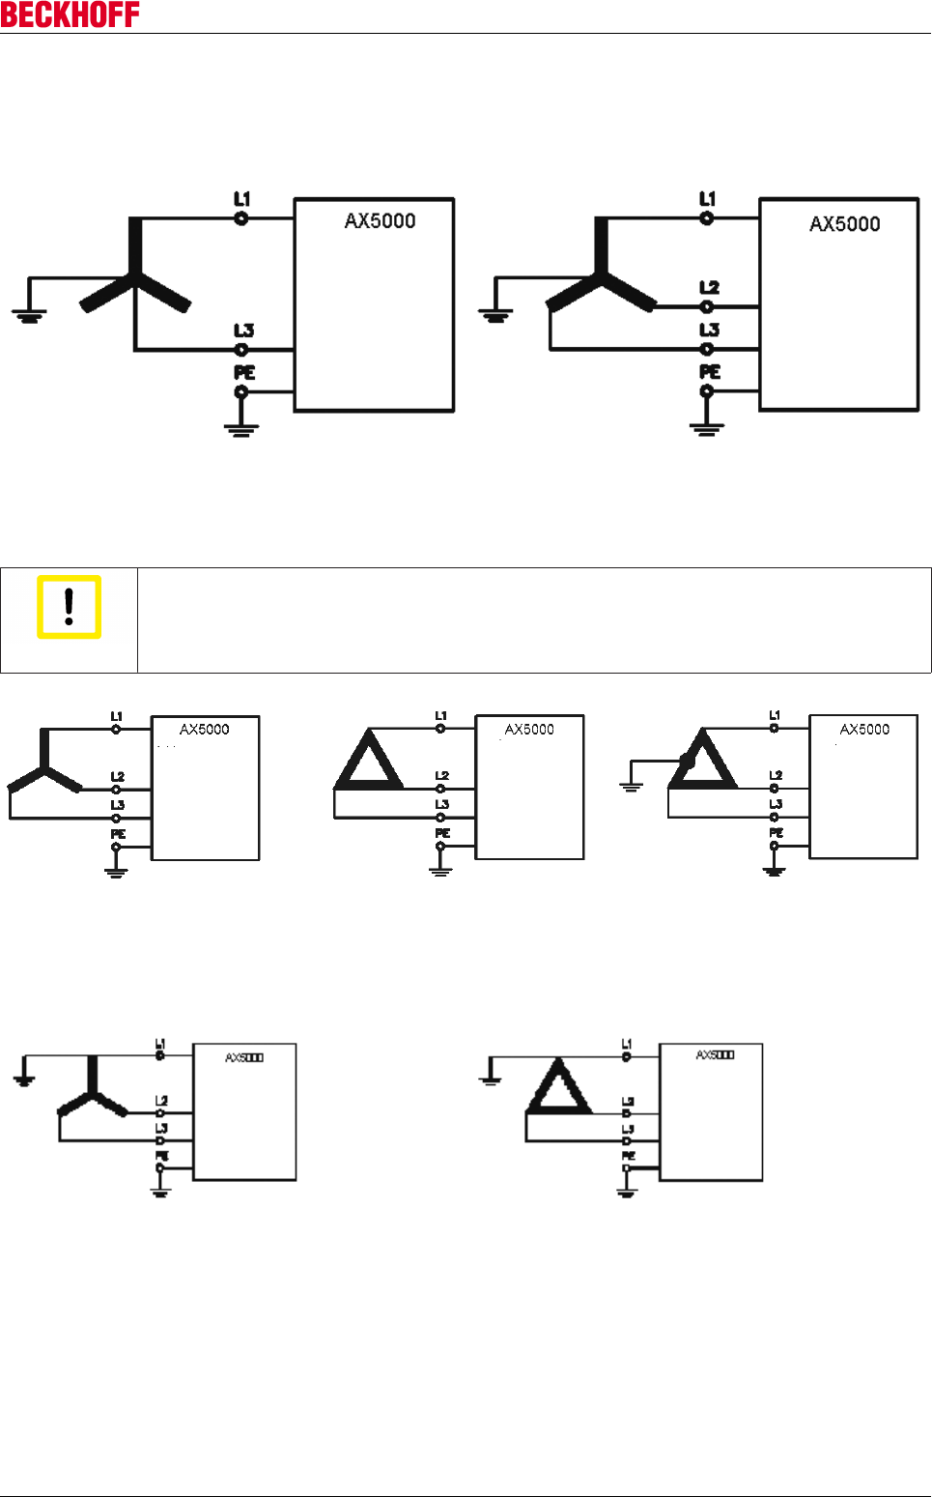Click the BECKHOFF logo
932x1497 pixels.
click(70, 14)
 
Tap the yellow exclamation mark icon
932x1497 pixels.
click(69, 607)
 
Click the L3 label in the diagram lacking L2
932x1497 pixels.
click(243, 331)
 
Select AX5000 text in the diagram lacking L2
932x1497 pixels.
click(380, 221)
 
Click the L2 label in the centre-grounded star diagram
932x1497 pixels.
click(709, 287)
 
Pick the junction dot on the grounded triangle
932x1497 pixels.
click(687, 762)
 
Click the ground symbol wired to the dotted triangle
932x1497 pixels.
click(631, 785)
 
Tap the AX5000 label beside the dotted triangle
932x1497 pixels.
click(864, 730)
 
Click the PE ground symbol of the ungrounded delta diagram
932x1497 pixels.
click(440, 870)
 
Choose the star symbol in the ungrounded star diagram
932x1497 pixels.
click(44, 763)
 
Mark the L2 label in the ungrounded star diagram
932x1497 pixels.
click(117, 776)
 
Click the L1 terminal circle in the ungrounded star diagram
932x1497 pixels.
click(116, 729)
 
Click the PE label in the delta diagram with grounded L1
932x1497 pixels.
click(628, 1155)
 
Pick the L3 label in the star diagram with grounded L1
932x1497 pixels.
click(161, 1128)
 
